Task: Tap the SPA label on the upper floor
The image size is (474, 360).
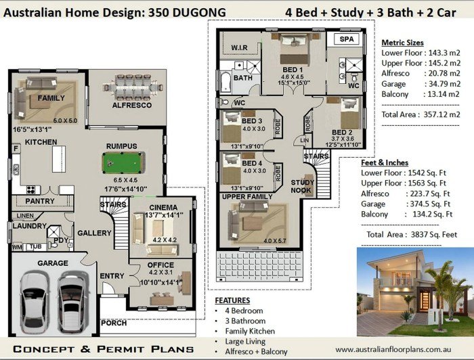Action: point(347,40)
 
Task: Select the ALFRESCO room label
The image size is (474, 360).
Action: point(131,106)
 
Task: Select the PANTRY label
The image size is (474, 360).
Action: point(40,201)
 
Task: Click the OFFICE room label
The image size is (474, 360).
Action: point(160,265)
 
